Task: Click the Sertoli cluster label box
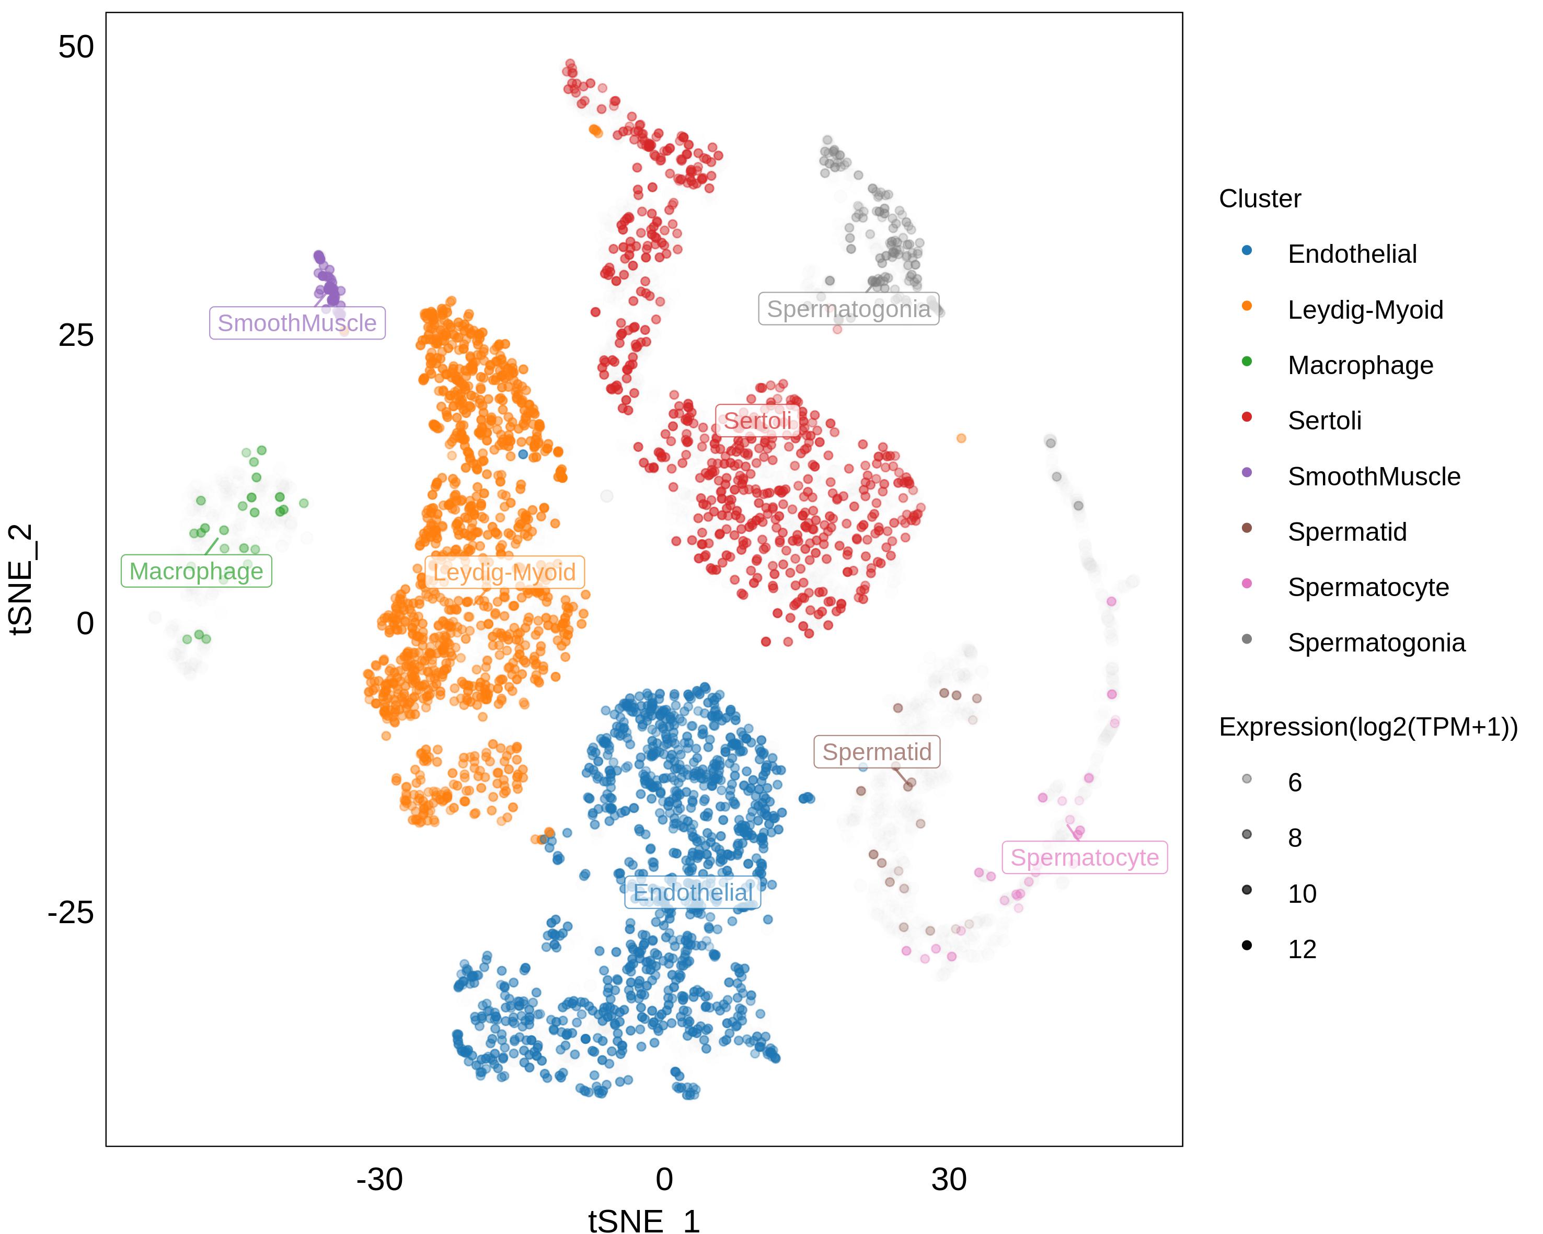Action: click(758, 421)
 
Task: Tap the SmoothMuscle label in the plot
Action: click(297, 323)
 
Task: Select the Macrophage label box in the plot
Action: click(196, 572)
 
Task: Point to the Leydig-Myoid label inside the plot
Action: click(504, 572)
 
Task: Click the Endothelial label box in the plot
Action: click(693, 893)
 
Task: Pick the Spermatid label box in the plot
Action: click(877, 752)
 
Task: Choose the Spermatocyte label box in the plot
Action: click(1084, 857)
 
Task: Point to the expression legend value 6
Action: click(1295, 783)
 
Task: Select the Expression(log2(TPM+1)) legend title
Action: click(1368, 727)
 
